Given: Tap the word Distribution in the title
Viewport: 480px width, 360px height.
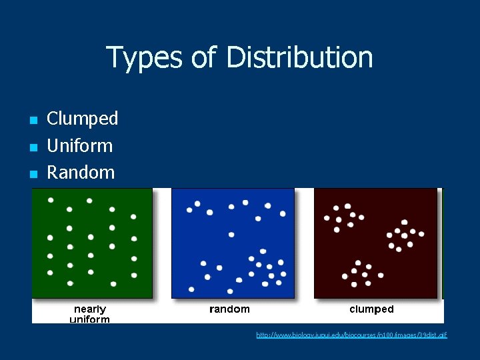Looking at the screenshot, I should coord(299,57).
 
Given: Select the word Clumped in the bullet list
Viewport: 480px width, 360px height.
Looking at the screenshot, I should coord(82,119).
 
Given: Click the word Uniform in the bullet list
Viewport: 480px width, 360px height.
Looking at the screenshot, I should coord(79,145).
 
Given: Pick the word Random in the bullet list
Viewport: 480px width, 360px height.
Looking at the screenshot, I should coord(81,172).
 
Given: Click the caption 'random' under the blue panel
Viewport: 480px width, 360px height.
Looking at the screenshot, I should coord(229,309).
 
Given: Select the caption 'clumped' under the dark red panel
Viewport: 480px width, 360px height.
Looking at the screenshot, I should coord(371,309).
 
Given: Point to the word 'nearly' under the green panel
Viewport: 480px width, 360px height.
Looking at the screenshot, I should coord(90,309).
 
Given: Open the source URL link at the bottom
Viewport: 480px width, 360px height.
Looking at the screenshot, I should coord(351,335).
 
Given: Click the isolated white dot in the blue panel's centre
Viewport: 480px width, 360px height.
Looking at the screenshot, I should coord(231,234).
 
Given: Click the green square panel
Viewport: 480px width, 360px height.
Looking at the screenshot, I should coord(92,243).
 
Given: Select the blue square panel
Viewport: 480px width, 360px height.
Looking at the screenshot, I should coord(233,243).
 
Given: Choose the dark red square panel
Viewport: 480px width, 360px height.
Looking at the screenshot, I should coord(375,243).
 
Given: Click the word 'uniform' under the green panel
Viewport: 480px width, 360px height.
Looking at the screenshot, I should coord(90,319).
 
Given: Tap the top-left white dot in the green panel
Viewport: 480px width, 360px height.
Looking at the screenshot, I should coord(51,199).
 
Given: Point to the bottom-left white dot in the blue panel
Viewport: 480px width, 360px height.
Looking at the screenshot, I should coord(192,289).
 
